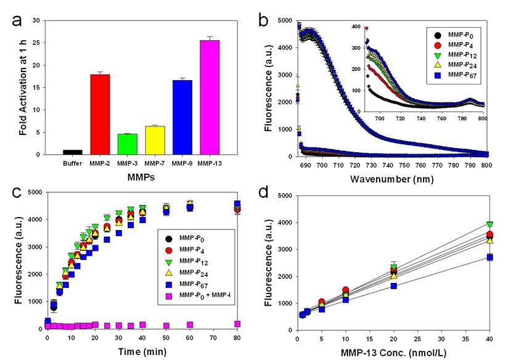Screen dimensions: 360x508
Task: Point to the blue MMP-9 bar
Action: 182,117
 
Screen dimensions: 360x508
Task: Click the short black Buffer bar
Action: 73,152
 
